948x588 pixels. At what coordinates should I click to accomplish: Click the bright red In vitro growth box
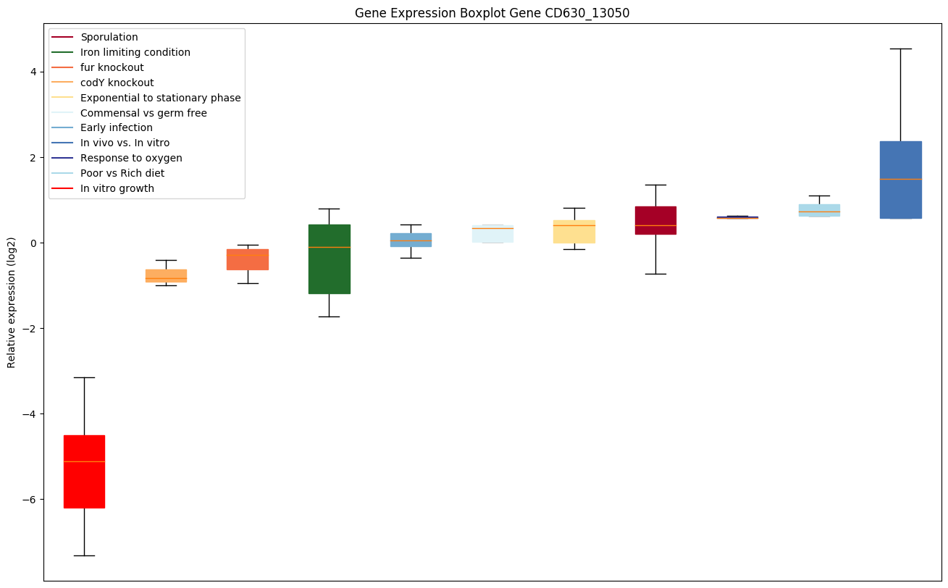pyautogui.click(x=84, y=471)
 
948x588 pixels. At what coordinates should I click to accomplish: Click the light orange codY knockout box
pyautogui.click(x=166, y=275)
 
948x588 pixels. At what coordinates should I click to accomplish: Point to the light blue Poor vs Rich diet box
pyautogui.click(x=819, y=210)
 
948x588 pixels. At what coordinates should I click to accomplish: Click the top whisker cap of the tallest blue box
pyautogui.click(x=901, y=49)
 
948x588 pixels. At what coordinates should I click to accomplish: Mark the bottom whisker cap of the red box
pyautogui.click(x=84, y=555)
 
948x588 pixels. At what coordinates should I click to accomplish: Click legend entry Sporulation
pyautogui.click(x=109, y=37)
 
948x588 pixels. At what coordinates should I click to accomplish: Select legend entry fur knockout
pyautogui.click(x=112, y=67)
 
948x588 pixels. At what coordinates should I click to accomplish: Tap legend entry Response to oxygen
pyautogui.click(x=131, y=158)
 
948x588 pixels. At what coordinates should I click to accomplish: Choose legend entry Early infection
pyautogui.click(x=117, y=127)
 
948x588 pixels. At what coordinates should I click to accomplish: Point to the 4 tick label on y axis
pyautogui.click(x=33, y=72)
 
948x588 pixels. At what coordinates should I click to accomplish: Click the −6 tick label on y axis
pyautogui.click(x=30, y=500)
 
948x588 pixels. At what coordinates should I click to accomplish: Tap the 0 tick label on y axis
pyautogui.click(x=33, y=243)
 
